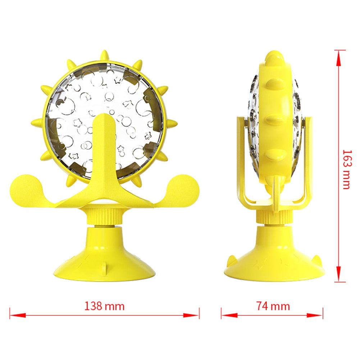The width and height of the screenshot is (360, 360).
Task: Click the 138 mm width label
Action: point(104,306)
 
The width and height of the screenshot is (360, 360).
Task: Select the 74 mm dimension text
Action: point(273,306)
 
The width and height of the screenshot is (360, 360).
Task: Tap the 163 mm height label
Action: point(346,169)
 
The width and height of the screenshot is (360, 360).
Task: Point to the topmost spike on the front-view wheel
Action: point(104,55)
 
